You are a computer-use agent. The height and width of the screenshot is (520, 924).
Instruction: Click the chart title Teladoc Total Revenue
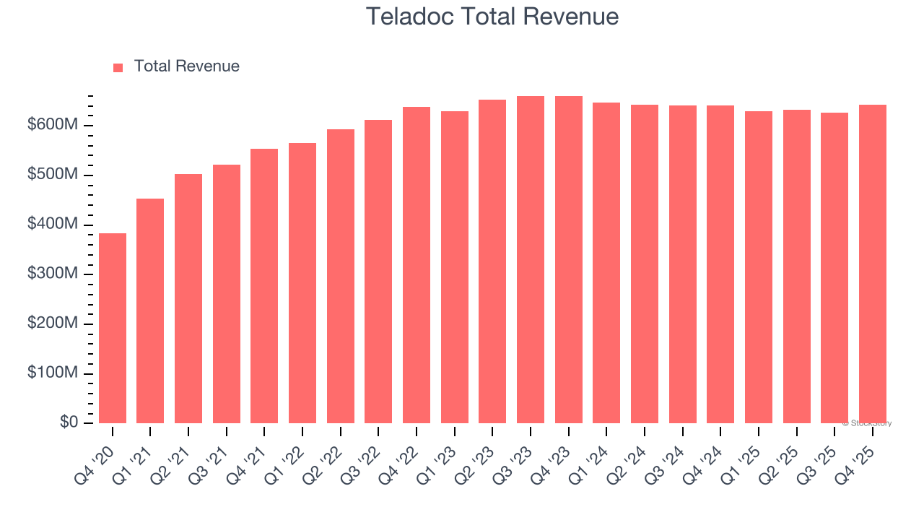click(x=492, y=16)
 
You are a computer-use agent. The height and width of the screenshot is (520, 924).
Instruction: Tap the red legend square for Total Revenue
click(x=118, y=67)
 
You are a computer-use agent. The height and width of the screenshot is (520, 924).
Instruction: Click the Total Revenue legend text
click(x=186, y=66)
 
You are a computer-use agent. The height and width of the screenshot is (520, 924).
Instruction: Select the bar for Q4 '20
click(x=113, y=329)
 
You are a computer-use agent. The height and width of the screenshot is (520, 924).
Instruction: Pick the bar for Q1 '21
click(x=150, y=311)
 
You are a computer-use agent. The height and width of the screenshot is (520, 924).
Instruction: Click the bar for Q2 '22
click(x=341, y=277)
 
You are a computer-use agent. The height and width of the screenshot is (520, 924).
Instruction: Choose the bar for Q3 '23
click(x=531, y=260)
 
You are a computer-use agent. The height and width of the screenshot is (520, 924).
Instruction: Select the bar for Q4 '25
click(x=873, y=264)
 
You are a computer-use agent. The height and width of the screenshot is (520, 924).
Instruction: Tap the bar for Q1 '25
click(x=759, y=267)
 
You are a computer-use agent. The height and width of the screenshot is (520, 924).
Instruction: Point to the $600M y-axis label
click(x=53, y=126)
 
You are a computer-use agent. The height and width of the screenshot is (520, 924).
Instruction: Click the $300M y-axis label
click(x=53, y=274)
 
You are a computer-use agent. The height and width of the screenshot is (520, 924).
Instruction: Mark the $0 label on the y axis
click(x=69, y=422)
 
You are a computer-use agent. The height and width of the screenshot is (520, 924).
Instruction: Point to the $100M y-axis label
click(x=53, y=373)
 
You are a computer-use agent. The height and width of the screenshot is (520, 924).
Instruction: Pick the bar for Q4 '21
click(x=264, y=286)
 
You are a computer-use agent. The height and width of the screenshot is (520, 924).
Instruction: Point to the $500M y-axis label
click(x=53, y=175)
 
